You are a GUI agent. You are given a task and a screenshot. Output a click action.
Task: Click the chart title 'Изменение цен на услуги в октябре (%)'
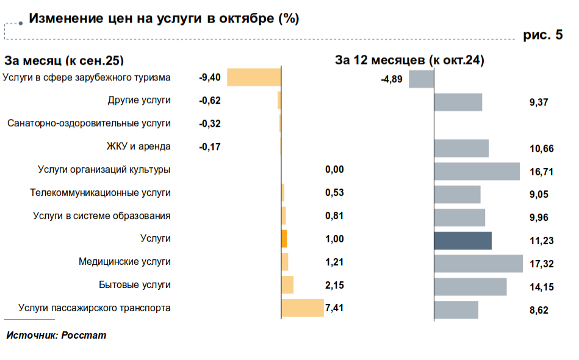(164, 18)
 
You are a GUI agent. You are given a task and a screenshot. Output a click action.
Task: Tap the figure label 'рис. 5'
(543, 35)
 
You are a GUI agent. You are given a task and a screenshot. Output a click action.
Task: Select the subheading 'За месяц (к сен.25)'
(64, 60)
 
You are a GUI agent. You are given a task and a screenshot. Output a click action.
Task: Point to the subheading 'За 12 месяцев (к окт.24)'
(409, 60)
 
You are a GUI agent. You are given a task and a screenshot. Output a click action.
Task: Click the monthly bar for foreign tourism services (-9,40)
(254, 77)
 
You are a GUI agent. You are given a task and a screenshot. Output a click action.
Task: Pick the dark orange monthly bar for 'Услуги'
(284, 239)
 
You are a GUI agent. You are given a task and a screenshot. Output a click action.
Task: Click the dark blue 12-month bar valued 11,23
(462, 240)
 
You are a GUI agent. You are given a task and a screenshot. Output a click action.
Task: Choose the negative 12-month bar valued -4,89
(421, 79)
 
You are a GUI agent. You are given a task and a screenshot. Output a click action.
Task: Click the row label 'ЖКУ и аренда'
(138, 146)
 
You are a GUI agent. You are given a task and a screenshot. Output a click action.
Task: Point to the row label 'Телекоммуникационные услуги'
(100, 193)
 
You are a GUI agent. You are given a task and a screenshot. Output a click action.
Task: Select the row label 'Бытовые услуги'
(135, 284)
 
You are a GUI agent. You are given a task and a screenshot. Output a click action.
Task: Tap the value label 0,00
(335, 170)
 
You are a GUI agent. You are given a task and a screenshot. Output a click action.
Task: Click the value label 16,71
(542, 172)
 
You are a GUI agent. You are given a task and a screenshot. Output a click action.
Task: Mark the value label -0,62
(210, 101)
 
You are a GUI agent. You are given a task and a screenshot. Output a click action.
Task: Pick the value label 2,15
(335, 285)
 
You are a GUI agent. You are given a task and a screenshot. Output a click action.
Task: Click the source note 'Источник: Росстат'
(56, 336)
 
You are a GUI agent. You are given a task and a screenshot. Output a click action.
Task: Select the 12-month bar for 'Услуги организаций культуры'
(477, 171)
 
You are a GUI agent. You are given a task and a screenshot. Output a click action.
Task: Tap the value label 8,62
(539, 310)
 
